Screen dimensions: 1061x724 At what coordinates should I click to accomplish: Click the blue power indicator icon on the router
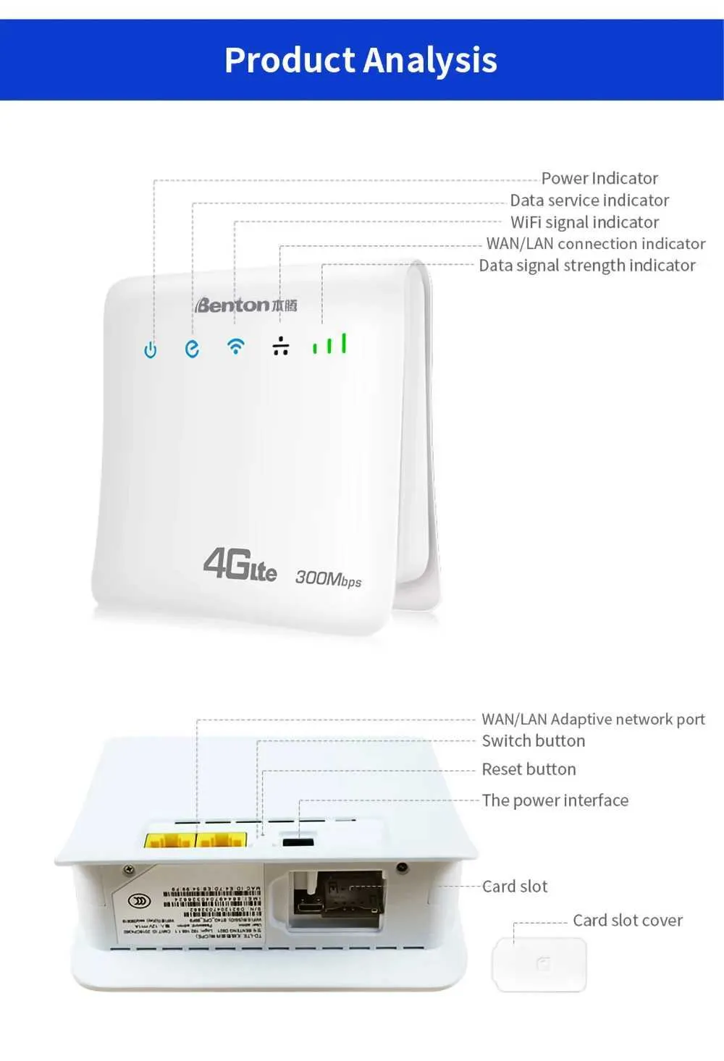click(150, 350)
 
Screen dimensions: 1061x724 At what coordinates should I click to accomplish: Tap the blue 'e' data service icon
click(192, 349)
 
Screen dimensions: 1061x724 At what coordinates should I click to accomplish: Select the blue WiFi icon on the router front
click(235, 346)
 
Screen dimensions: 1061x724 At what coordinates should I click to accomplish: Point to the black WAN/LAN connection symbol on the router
click(281, 347)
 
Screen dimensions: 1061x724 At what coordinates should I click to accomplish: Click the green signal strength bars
click(329, 344)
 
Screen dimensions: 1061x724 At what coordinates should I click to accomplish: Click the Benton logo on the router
click(246, 305)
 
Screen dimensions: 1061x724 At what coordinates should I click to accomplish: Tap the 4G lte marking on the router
click(240, 565)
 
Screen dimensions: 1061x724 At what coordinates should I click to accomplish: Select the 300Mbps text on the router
click(328, 578)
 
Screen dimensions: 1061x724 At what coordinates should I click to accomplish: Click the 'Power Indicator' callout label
click(599, 178)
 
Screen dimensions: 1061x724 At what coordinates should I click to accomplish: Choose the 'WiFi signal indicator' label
click(584, 222)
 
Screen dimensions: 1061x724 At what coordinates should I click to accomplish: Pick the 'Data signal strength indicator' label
click(587, 266)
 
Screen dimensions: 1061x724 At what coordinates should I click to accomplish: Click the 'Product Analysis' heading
click(361, 60)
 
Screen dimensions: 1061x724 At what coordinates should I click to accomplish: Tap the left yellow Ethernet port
click(169, 842)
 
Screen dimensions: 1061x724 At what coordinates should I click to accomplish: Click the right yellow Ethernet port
click(221, 842)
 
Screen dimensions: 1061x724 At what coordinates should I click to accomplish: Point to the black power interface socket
click(298, 842)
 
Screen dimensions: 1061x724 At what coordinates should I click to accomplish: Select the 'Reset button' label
click(529, 769)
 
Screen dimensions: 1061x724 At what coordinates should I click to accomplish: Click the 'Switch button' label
click(533, 741)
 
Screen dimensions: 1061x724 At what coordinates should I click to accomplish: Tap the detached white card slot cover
click(539, 964)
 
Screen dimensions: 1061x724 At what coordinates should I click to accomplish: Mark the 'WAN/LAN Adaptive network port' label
click(593, 719)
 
